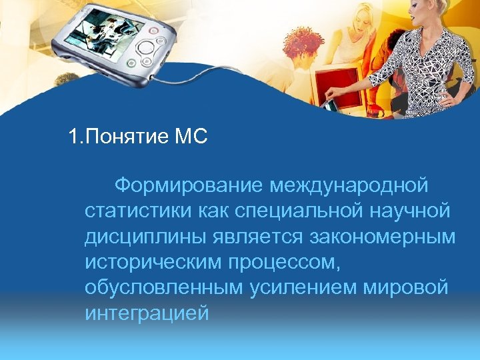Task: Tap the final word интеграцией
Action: [x=147, y=312]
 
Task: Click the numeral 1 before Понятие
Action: [x=73, y=137]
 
